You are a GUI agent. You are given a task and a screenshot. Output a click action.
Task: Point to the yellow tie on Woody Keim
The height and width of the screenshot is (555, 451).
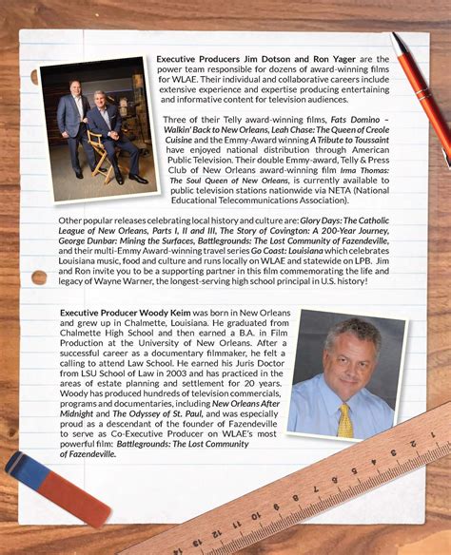click(344, 418)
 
